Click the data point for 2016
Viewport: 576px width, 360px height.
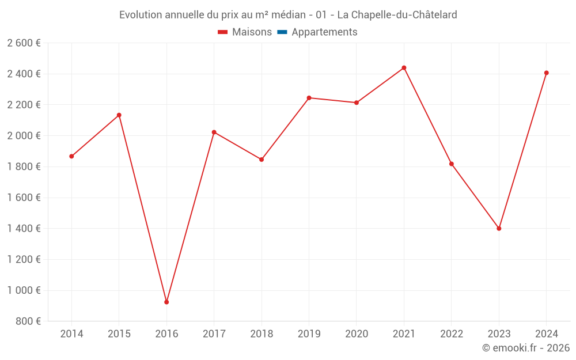[166, 302]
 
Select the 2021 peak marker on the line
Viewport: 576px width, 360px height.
[404, 68]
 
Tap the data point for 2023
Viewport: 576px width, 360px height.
[499, 229]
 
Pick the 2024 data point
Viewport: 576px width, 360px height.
[546, 73]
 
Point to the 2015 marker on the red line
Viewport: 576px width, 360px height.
[119, 115]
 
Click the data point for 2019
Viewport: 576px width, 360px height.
[309, 98]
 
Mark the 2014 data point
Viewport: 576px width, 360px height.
[71, 156]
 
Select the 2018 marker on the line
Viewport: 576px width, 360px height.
[262, 160]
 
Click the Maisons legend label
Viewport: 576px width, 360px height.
[252, 32]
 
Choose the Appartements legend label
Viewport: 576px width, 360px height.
[324, 32]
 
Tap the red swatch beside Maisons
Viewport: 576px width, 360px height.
[223, 32]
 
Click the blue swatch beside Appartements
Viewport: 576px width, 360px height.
[282, 32]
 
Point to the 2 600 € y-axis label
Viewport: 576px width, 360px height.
[24, 43]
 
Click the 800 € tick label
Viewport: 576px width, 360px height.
[27, 321]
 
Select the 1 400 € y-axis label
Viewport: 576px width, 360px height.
[24, 229]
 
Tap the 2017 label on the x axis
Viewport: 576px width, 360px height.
[214, 334]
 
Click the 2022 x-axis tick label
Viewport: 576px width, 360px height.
[451, 334]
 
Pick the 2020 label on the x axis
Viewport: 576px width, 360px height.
[356, 334]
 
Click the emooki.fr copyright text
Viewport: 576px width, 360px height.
[526, 348]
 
